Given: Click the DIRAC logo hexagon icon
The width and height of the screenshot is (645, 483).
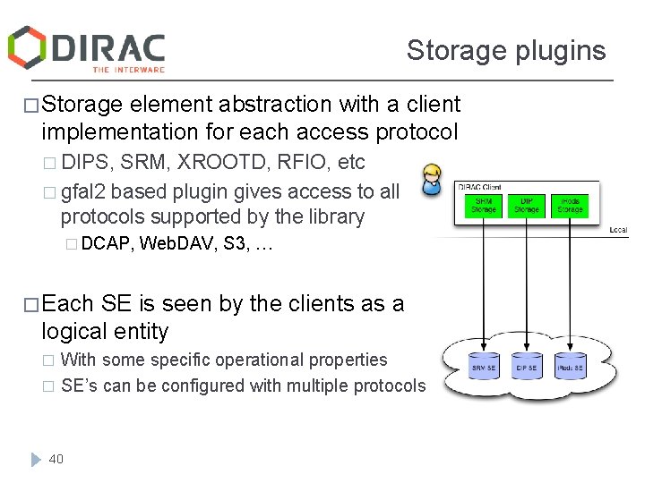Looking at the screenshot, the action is click(x=27, y=47).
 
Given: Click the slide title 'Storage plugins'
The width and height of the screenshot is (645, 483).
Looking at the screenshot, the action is click(x=506, y=50).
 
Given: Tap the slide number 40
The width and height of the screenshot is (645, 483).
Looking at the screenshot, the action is click(x=56, y=459).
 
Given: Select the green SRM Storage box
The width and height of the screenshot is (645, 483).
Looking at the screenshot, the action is click(x=484, y=206).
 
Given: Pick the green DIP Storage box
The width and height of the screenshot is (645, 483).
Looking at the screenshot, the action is click(x=527, y=206).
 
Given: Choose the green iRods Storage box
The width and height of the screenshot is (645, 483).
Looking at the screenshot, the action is click(x=570, y=206).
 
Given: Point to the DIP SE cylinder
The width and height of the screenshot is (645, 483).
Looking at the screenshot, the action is click(x=527, y=367).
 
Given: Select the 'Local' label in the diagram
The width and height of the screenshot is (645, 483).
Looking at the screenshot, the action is click(x=618, y=230).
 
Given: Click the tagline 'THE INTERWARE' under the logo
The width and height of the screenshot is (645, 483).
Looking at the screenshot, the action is click(x=129, y=69).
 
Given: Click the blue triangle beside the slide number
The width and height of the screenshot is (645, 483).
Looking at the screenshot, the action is click(x=35, y=459).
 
